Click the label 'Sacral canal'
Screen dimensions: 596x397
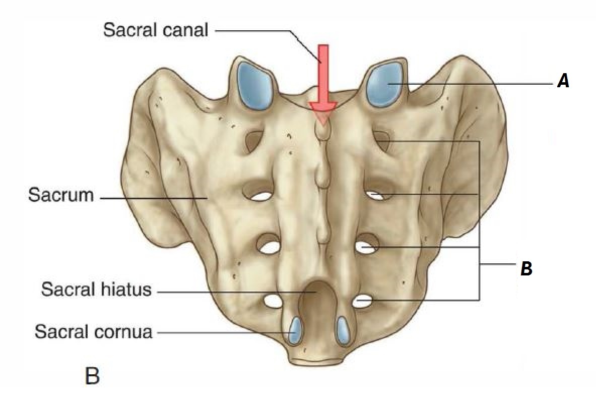point(155,30)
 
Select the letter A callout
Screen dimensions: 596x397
point(563,81)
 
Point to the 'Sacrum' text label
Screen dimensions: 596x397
point(61,195)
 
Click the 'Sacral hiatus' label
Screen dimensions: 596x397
point(96,290)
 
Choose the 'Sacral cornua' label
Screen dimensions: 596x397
point(93,332)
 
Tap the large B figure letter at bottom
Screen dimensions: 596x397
point(92,376)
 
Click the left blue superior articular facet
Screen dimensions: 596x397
point(255,84)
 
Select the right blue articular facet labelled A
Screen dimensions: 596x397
point(385,84)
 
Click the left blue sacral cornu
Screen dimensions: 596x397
point(295,330)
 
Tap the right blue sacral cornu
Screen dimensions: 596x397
point(344,330)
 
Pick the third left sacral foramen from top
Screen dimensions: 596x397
point(270,247)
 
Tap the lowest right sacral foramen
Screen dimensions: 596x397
point(363,302)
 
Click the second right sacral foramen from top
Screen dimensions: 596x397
point(376,195)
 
